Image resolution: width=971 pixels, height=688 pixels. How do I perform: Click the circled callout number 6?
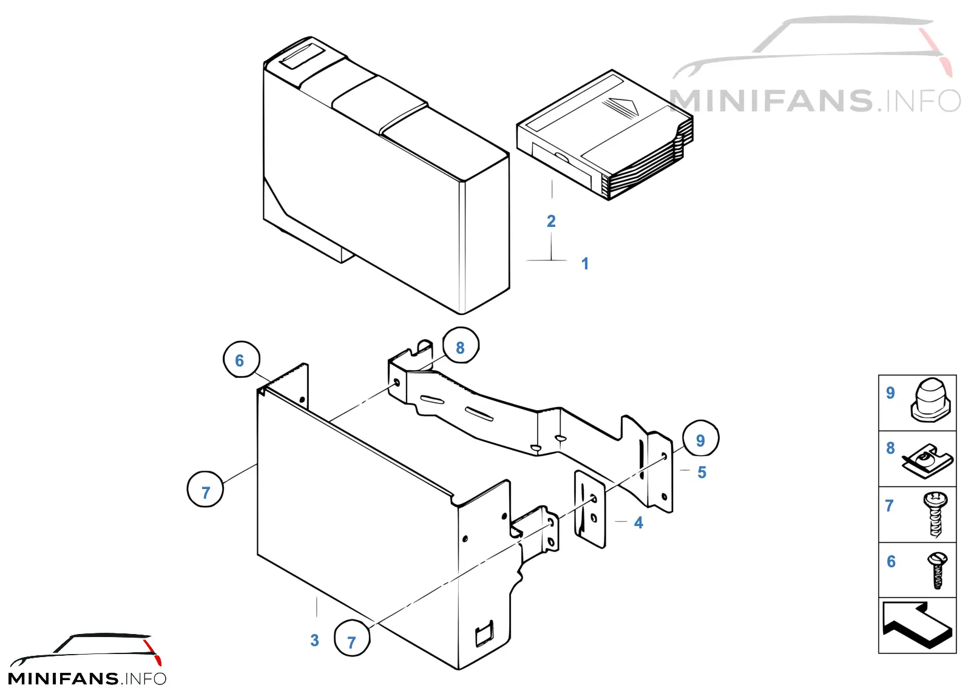[241, 360]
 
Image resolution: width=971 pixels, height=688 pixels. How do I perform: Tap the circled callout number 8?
[461, 346]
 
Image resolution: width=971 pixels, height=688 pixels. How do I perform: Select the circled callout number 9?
[700, 439]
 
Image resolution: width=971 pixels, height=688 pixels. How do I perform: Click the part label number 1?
[585, 263]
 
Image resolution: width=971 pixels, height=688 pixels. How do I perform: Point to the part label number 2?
[551, 221]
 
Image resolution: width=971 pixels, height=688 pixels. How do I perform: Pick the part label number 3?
[315, 640]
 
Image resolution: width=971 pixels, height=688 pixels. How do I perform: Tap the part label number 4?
[638, 522]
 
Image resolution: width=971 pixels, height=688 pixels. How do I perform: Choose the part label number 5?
[702, 472]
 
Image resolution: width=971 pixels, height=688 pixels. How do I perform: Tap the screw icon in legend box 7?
[935, 514]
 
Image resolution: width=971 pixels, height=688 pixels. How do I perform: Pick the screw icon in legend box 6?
[937, 570]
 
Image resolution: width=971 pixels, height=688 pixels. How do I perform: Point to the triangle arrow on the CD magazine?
[622, 107]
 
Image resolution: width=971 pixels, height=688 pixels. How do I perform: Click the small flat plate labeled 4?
[590, 510]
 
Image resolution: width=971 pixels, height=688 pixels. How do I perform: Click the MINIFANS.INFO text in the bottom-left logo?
[87, 678]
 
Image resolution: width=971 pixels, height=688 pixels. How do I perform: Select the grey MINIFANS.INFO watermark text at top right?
[815, 101]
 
